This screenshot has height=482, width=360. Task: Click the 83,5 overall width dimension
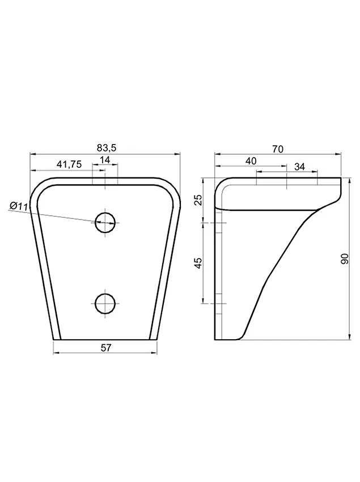(x=107, y=148)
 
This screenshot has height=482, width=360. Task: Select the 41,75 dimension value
(x=69, y=164)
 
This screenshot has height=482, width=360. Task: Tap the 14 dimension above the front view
(x=105, y=160)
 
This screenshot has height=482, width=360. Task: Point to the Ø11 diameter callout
(x=19, y=206)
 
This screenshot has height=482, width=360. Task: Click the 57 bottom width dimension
(x=105, y=348)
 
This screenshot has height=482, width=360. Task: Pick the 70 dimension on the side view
(x=278, y=149)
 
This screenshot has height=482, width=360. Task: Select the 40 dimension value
(x=251, y=161)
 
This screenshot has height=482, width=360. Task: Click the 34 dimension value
(x=299, y=167)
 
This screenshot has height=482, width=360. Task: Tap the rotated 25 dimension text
(x=199, y=200)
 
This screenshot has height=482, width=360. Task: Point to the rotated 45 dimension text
(x=199, y=263)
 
